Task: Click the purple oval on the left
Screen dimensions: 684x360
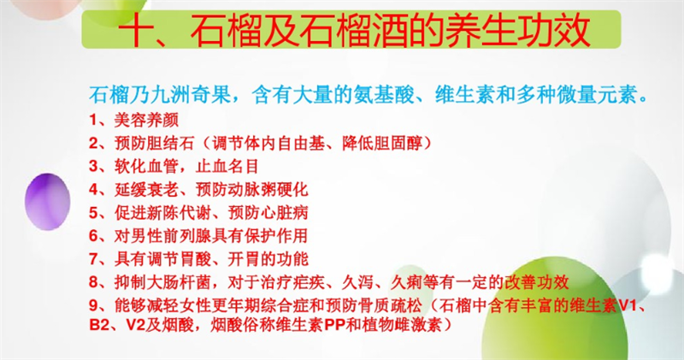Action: coord(48,202)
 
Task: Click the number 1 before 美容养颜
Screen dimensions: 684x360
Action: coord(94,120)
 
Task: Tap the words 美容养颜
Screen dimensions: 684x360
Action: coord(146,120)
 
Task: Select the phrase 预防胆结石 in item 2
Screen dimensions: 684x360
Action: coord(155,143)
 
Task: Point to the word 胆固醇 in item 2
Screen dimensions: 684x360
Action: coord(398,143)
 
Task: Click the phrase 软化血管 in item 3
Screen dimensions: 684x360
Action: coord(146,166)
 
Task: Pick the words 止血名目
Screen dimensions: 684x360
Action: coord(227,166)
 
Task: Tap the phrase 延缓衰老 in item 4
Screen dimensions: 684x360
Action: coord(146,189)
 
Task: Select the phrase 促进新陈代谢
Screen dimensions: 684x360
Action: coord(162,213)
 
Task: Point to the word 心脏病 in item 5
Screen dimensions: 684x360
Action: coord(285,213)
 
